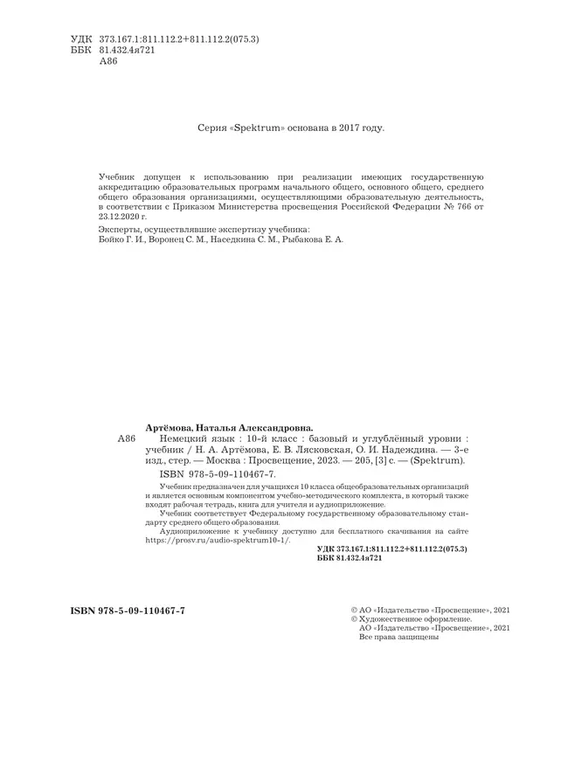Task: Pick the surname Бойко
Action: coord(107,238)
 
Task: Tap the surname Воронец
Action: coord(168,238)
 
